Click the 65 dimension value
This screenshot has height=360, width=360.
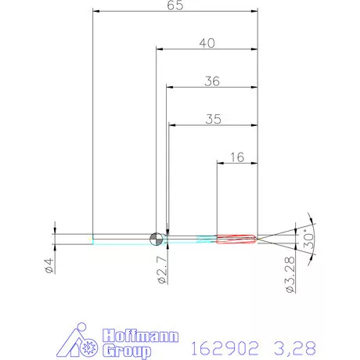[x=175, y=5]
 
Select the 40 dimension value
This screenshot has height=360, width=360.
[x=207, y=43]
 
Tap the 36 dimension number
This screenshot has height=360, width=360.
[x=212, y=81]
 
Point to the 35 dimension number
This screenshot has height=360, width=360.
[x=213, y=119]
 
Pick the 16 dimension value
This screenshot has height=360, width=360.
[x=237, y=157]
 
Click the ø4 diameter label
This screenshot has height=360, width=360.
[x=49, y=265]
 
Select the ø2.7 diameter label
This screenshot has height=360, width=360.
[x=162, y=270]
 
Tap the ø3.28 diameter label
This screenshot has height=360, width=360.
[x=290, y=275]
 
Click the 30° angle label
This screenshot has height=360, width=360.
[x=308, y=239]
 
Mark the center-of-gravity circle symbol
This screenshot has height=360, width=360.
[x=157, y=239]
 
